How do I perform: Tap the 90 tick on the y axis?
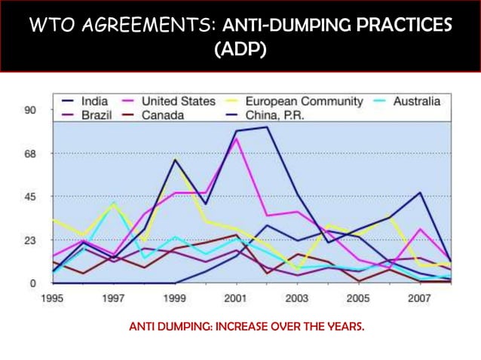click(x=30, y=111)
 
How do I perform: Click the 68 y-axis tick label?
click(x=30, y=154)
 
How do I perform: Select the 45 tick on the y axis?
click(x=30, y=197)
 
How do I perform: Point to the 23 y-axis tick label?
click(x=30, y=241)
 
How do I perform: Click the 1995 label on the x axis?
click(x=52, y=298)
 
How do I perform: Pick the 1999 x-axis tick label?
click(x=175, y=298)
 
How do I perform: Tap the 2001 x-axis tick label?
click(x=236, y=298)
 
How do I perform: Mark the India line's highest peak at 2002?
click(x=267, y=127)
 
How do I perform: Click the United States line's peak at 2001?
click(x=237, y=139)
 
